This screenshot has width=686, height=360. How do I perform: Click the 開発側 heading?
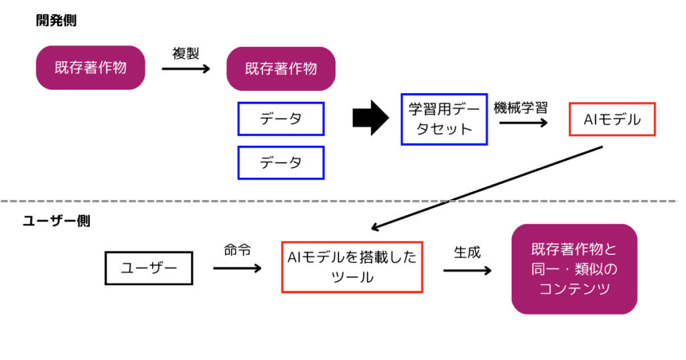pyautogui.click(x=56, y=21)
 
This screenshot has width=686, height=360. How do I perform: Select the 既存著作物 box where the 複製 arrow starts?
pyautogui.click(x=90, y=68)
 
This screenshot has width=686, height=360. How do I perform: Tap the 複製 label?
pyautogui.click(x=186, y=54)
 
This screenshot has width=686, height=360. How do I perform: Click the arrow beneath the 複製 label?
pyautogui.click(x=186, y=68)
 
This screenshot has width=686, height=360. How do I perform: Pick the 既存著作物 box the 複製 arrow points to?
pyautogui.click(x=281, y=69)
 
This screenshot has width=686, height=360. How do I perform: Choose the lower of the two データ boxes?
pyautogui.click(x=281, y=163)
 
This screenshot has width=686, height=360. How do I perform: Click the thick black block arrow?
pyautogui.click(x=370, y=118)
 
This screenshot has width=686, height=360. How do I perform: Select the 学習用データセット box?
pyautogui.click(x=444, y=118)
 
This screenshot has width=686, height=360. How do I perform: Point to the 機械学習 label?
pyautogui.click(x=521, y=107)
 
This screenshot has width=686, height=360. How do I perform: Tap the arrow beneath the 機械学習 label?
pyautogui.click(x=523, y=122)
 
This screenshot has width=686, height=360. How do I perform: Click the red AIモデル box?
pyautogui.click(x=612, y=120)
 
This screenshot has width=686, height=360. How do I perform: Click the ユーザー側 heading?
pyautogui.click(x=56, y=220)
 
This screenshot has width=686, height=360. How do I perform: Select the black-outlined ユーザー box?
pyautogui.click(x=149, y=268)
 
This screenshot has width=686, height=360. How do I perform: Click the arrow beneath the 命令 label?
pyautogui.click(x=237, y=268)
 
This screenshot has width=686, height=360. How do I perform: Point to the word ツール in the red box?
pyautogui.click(x=352, y=277)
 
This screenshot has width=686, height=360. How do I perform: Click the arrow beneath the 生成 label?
pyautogui.click(x=467, y=270)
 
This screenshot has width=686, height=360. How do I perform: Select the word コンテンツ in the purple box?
pyautogui.click(x=574, y=289)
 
